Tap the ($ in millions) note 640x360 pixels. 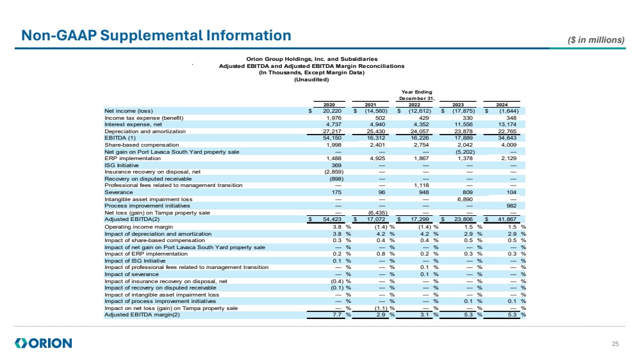(596, 40)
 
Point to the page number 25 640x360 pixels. (616, 345)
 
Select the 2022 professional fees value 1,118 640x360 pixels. (420, 185)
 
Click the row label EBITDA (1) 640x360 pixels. (120, 138)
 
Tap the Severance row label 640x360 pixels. (119, 192)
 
